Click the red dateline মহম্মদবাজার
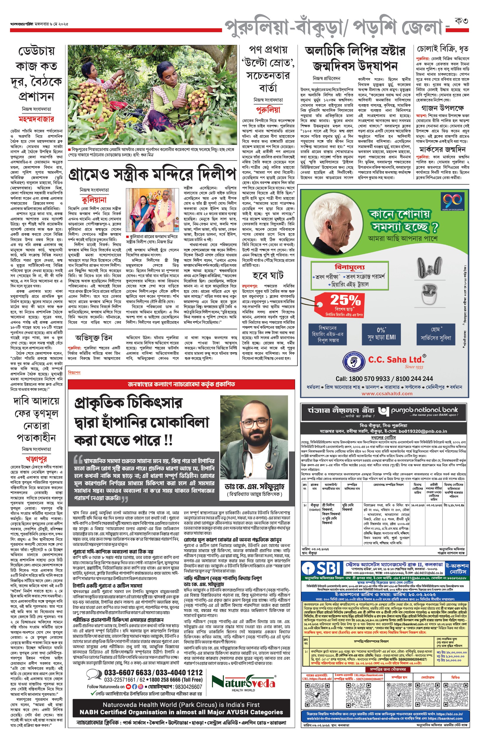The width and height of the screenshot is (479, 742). pyautogui.click(x=36, y=119)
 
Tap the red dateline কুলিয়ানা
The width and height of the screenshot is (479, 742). pyautogui.click(x=94, y=200)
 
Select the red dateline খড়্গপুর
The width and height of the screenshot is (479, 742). pyautogui.click(x=36, y=459)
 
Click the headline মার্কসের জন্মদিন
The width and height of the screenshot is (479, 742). pyautogui.click(x=442, y=149)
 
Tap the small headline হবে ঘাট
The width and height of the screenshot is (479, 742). pyautogui.click(x=268, y=275)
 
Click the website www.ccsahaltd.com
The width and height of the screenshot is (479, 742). pyautogui.click(x=387, y=393)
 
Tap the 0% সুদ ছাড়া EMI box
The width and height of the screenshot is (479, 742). pyautogui.click(x=381, y=334)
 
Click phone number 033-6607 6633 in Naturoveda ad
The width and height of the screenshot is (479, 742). pyautogui.click(x=128, y=673)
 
